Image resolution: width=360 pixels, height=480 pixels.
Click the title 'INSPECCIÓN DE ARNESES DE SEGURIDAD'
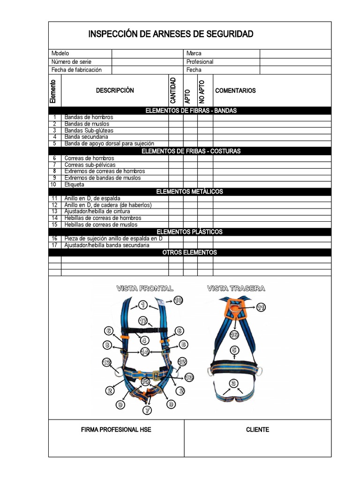171,34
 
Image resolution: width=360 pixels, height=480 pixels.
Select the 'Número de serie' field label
71,62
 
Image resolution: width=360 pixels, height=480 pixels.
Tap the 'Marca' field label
194,53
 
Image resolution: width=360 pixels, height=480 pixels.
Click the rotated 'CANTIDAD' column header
173,90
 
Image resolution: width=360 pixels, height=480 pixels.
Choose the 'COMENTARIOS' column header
235,90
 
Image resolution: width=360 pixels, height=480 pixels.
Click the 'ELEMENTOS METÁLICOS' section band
189,192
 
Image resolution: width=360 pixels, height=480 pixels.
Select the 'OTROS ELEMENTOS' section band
189,252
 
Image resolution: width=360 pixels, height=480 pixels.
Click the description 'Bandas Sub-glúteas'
89,130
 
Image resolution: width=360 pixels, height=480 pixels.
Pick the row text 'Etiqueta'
75,185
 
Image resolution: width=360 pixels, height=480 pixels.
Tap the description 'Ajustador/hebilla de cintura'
97,211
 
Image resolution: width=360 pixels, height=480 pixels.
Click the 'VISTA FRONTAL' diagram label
145,288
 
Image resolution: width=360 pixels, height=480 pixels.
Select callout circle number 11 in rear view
261,307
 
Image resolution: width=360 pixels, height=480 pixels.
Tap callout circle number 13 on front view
189,376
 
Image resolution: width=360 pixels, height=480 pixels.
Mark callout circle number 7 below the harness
148,410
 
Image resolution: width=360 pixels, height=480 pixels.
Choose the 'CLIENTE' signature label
257,429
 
